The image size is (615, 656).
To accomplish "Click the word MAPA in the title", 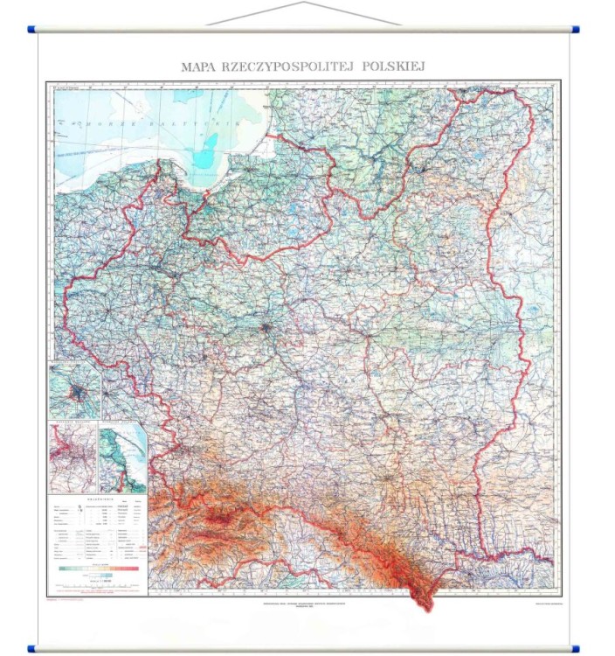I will [x=197, y=66].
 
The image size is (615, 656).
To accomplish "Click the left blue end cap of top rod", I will [x=32, y=30].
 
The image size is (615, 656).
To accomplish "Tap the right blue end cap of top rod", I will [x=575, y=30].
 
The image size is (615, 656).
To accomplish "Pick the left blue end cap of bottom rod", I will [x=32, y=648].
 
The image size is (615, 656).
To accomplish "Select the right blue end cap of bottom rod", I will [x=575, y=648].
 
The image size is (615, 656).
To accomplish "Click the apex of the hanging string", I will [x=304, y=3].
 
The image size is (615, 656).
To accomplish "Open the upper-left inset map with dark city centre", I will [x=74, y=390].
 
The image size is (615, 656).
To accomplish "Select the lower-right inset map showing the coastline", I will [x=122, y=457].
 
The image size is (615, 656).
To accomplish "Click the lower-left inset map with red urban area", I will [x=73, y=457].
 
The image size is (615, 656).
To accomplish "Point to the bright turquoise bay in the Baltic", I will [x=205, y=157].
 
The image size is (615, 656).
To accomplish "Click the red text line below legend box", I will [x=74, y=600].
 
